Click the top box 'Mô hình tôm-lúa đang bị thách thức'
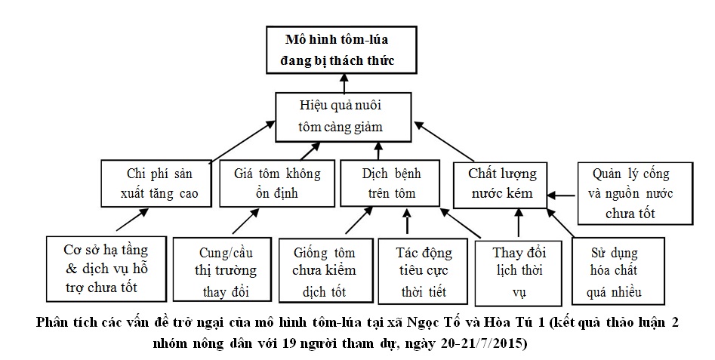pyautogui.click(x=341, y=50)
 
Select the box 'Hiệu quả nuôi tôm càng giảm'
pyautogui.click(x=344, y=117)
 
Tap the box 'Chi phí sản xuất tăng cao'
pyautogui.click(x=156, y=183)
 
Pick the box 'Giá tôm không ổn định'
pyautogui.click(x=277, y=183)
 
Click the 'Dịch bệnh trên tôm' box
pyautogui.click(x=390, y=183)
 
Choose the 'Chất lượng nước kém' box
pyautogui.click(x=501, y=185)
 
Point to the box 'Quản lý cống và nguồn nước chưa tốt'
pyautogui.click(x=635, y=193)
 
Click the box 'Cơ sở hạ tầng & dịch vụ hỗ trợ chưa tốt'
pyautogui.click(x=106, y=269)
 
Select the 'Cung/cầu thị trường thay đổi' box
pyautogui.click(x=222, y=269)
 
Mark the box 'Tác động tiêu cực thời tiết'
pyautogui.click(x=423, y=272)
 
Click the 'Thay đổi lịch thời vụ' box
pyautogui.click(x=519, y=272)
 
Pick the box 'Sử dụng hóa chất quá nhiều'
pyautogui.click(x=618, y=271)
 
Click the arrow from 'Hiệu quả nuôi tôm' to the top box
pyautogui.click(x=344, y=82)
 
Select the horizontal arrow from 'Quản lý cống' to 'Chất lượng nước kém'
pyautogui.click(x=562, y=195)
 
